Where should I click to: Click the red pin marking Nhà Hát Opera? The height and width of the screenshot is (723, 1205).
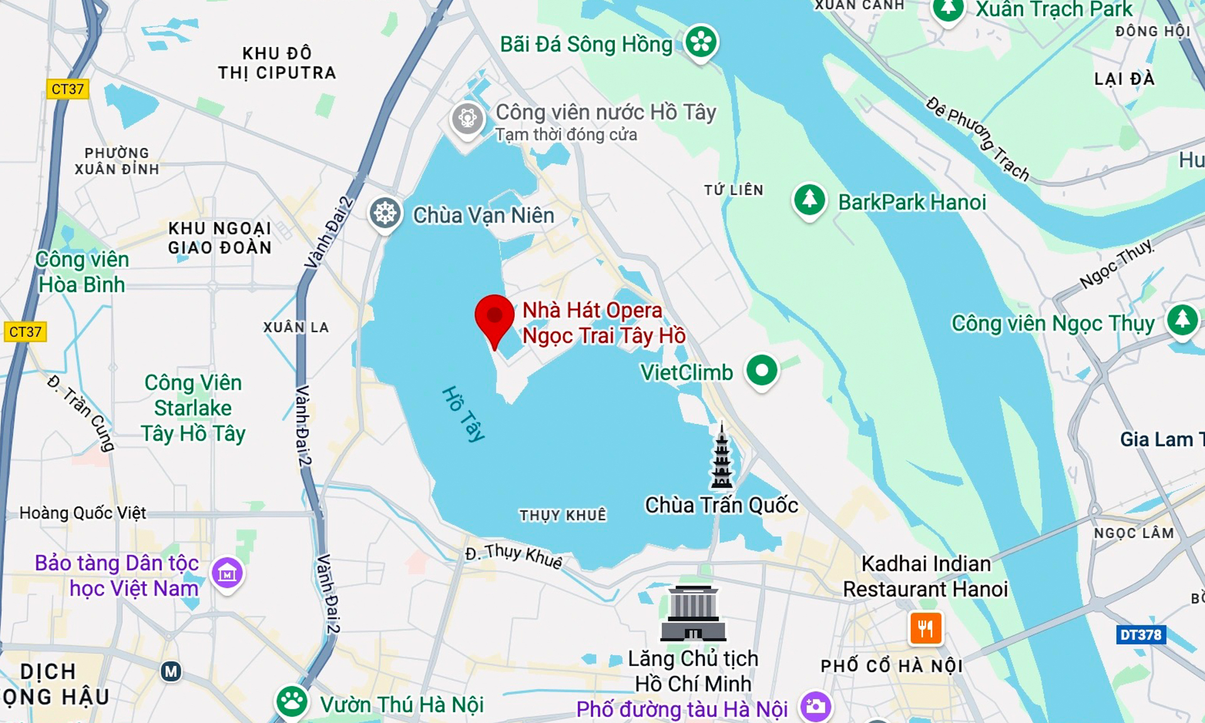pos(495,318)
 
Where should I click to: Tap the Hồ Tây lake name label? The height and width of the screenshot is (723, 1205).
pos(464,414)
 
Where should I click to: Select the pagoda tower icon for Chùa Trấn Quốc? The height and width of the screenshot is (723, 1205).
pos(722,456)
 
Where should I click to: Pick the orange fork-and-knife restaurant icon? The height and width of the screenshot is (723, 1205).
pos(925,628)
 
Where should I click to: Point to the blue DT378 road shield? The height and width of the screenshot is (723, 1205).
pos(1140,635)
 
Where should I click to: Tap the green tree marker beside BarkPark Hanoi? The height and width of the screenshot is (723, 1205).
pos(809,200)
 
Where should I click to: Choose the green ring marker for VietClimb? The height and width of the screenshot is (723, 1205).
pos(762,371)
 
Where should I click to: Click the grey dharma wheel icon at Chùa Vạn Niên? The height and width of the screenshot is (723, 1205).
pos(385,214)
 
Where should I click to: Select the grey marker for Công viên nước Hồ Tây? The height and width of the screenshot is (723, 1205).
pos(468,118)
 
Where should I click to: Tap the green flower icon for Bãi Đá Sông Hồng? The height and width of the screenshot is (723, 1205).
pos(700,42)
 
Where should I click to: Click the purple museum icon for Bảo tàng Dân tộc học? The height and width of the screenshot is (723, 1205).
pos(227,572)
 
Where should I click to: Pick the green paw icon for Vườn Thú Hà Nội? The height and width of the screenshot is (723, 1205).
pos(292,702)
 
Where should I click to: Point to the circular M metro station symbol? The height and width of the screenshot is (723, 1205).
pos(171,672)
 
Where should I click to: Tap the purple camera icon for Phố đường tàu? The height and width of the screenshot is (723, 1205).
pos(815,707)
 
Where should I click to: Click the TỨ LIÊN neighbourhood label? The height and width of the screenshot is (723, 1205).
pos(733,190)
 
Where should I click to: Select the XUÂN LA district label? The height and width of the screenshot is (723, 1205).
pos(296,327)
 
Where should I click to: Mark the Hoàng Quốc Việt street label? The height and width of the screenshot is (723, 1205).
pos(82,513)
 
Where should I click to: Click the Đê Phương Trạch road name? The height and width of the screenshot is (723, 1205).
pos(977,139)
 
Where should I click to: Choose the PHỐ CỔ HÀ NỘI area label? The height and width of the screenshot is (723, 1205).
pos(891,666)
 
